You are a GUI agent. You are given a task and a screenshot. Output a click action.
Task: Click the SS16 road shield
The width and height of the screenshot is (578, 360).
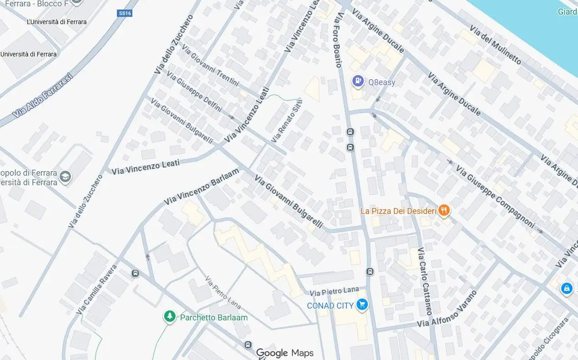pos(125,13)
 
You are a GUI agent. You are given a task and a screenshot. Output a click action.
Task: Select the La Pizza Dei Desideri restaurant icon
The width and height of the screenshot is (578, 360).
pos(444,210)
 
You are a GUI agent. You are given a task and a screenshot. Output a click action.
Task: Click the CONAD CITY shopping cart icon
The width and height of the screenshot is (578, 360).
pos(362,305)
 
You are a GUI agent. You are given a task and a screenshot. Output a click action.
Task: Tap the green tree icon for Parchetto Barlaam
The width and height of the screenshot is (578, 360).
pos(170,316)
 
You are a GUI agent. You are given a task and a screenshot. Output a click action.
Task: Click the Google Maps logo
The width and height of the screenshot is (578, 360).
pos(285,353)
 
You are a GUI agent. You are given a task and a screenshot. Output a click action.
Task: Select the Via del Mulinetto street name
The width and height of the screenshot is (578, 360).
pos(495,46)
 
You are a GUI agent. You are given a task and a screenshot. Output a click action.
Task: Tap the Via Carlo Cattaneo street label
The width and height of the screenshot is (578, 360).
pos(425,281)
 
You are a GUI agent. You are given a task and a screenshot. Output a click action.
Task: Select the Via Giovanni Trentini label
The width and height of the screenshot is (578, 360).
pos(210,65)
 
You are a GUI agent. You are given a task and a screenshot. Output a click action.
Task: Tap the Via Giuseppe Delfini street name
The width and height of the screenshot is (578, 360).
pos(194,91)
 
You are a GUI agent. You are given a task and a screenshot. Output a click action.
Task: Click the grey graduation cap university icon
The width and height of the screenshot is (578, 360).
pos(65,177)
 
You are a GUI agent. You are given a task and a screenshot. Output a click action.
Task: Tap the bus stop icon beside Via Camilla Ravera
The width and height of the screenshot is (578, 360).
pos(135,273)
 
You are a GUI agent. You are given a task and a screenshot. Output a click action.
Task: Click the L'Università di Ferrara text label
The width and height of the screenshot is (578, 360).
pos(57,22)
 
